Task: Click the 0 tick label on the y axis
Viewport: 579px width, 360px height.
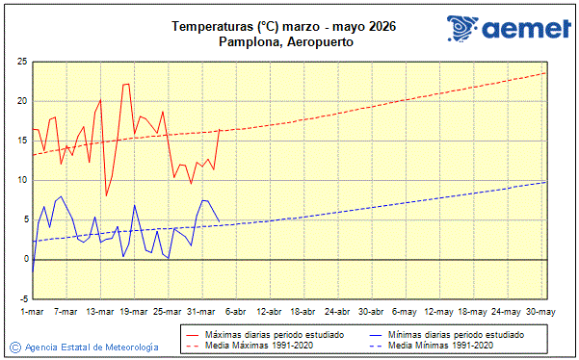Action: click(x=23, y=259)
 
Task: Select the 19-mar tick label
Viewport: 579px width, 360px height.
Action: click(x=133, y=312)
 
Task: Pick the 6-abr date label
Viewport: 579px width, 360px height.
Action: click(x=235, y=312)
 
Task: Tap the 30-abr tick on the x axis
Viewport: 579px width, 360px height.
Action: click(x=371, y=312)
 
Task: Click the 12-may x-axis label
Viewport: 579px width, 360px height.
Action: click(x=438, y=312)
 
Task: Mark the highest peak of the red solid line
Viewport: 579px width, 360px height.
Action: click(x=126, y=84)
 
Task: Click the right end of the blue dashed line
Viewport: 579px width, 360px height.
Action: click(x=546, y=182)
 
